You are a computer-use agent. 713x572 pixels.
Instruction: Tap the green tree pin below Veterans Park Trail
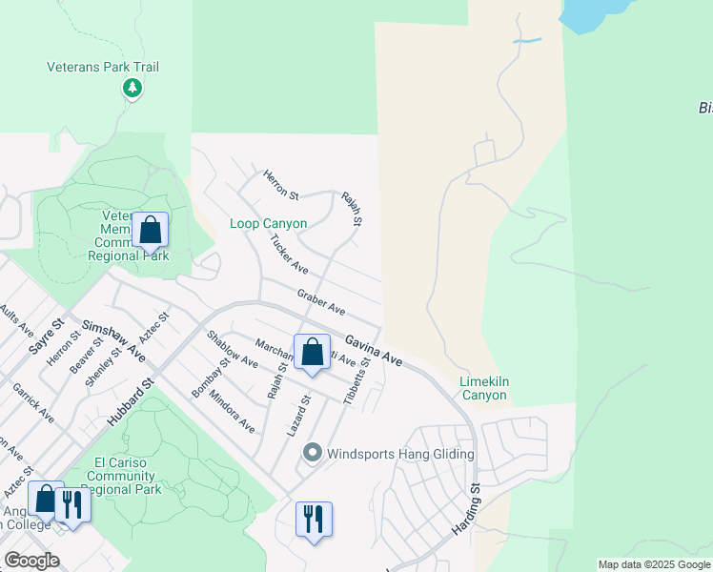(x=132, y=89)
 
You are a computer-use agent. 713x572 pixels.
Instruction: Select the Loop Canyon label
(x=269, y=224)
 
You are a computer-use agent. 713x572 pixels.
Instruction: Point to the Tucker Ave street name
(x=289, y=254)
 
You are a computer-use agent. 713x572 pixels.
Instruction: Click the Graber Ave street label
(x=320, y=303)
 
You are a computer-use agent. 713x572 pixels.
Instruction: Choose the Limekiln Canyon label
(x=484, y=387)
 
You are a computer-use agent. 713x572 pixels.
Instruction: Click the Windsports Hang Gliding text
(x=400, y=454)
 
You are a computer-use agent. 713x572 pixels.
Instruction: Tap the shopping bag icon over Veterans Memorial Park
(x=150, y=231)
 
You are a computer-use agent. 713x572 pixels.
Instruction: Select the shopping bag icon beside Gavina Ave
(x=312, y=353)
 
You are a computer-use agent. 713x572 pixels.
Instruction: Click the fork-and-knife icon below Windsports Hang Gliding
(x=314, y=520)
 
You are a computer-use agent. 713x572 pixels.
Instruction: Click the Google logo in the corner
(x=31, y=561)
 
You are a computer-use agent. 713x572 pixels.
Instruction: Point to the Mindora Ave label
(x=232, y=412)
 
